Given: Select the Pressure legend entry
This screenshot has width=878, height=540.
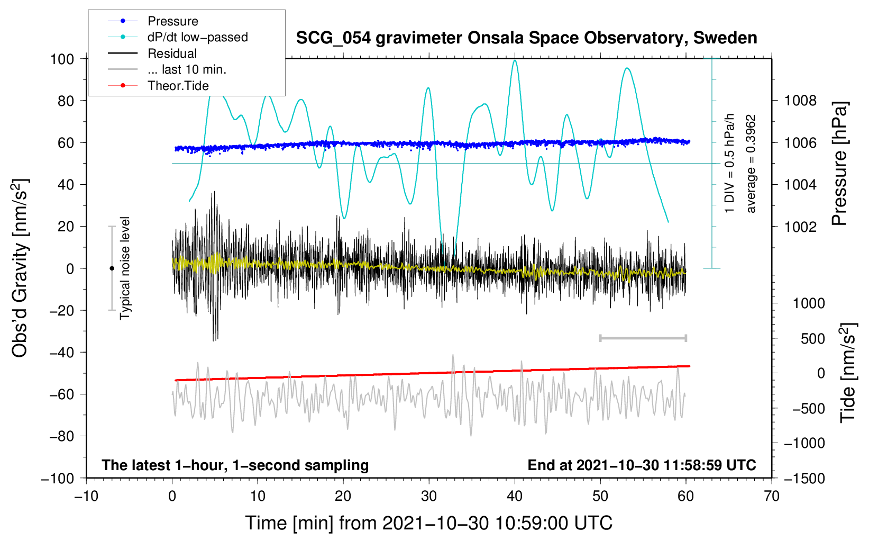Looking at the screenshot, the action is pos(153,21).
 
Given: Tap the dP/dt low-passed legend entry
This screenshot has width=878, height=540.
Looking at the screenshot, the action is pos(178,37).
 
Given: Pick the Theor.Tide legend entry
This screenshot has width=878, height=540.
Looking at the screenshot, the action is pos(158,86).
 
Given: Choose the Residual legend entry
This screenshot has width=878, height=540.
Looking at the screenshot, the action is pos(152,53).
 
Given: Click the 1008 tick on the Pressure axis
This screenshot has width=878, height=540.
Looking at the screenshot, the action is pos(800,101).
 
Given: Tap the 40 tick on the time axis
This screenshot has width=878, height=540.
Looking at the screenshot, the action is pos(515,497).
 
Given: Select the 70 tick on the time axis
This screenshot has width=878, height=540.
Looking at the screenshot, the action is pos(771,497).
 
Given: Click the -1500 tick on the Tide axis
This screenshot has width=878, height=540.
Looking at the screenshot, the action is pos(804,479).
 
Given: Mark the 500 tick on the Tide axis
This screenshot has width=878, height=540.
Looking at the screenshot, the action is pos(812,339).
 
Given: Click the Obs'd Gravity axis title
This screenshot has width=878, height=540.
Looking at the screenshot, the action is pos(20,268).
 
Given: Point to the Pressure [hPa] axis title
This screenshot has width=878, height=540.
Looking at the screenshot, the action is pos(839,164).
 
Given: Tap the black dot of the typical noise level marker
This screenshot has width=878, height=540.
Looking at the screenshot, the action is pos(112,268).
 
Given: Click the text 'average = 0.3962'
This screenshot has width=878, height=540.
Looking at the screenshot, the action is pos(750,164).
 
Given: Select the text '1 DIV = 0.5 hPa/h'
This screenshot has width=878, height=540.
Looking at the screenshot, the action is pos(729,164).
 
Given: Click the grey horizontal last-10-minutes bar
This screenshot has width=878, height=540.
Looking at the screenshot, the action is pos(643,338).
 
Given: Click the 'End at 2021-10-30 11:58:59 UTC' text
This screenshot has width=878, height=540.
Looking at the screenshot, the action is pos(642,465).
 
